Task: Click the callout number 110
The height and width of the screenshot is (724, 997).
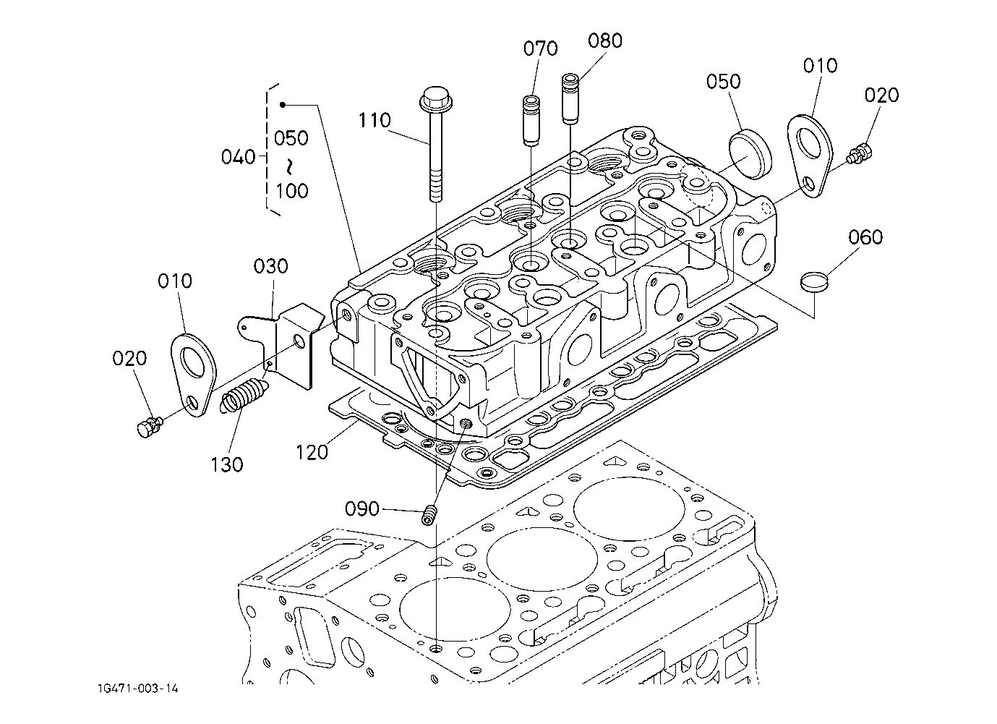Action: (375, 120)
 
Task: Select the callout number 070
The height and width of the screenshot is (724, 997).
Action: (540, 48)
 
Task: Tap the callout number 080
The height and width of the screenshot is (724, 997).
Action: (605, 41)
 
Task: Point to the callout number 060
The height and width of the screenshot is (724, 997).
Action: (865, 237)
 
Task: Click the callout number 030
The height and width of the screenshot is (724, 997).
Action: (270, 266)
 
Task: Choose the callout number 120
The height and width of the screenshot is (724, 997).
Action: (312, 452)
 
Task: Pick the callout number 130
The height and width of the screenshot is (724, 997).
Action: (227, 465)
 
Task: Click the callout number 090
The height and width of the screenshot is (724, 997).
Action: (362, 508)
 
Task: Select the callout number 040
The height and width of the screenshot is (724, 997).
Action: (238, 157)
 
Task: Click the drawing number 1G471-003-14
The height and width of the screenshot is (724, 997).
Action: (138, 689)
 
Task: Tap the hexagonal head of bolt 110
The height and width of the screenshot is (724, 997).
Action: (436, 99)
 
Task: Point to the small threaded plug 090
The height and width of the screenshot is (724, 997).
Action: (428, 516)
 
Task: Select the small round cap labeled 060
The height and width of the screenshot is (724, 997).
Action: (813, 282)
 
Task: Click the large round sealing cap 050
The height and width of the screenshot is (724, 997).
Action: (750, 154)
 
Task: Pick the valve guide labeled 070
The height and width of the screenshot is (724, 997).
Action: (530, 120)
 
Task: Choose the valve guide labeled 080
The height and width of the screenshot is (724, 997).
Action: (570, 99)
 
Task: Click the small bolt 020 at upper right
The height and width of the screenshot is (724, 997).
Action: (860, 153)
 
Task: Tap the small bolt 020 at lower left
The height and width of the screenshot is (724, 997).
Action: (150, 427)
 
